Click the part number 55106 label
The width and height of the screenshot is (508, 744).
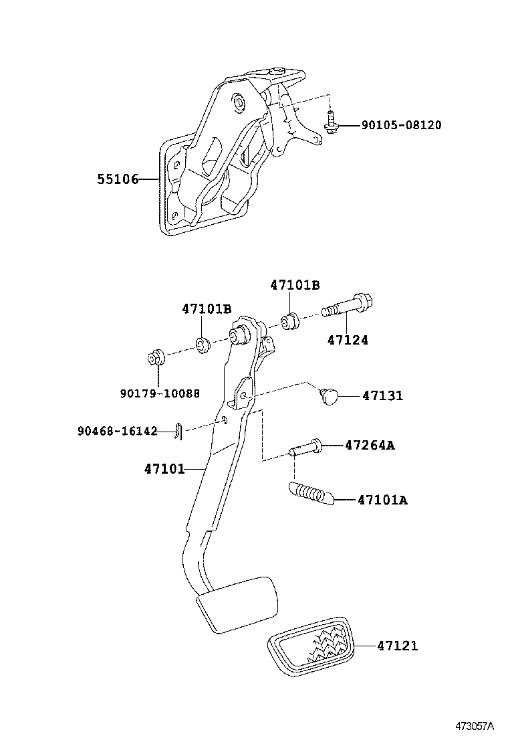click(117, 179)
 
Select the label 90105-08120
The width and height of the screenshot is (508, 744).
click(401, 125)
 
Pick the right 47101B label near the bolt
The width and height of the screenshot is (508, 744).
click(295, 285)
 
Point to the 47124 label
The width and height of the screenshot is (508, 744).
click(348, 340)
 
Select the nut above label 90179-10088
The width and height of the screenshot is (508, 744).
click(156, 357)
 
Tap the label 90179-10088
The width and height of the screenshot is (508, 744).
click(160, 393)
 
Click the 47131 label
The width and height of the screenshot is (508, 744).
click(382, 395)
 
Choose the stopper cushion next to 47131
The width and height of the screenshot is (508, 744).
click(329, 395)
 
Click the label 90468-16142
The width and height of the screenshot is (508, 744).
click(117, 432)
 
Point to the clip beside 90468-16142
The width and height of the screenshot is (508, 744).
click(175, 432)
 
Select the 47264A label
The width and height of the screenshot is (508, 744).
click(369, 445)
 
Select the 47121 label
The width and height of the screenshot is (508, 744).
click(397, 646)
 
